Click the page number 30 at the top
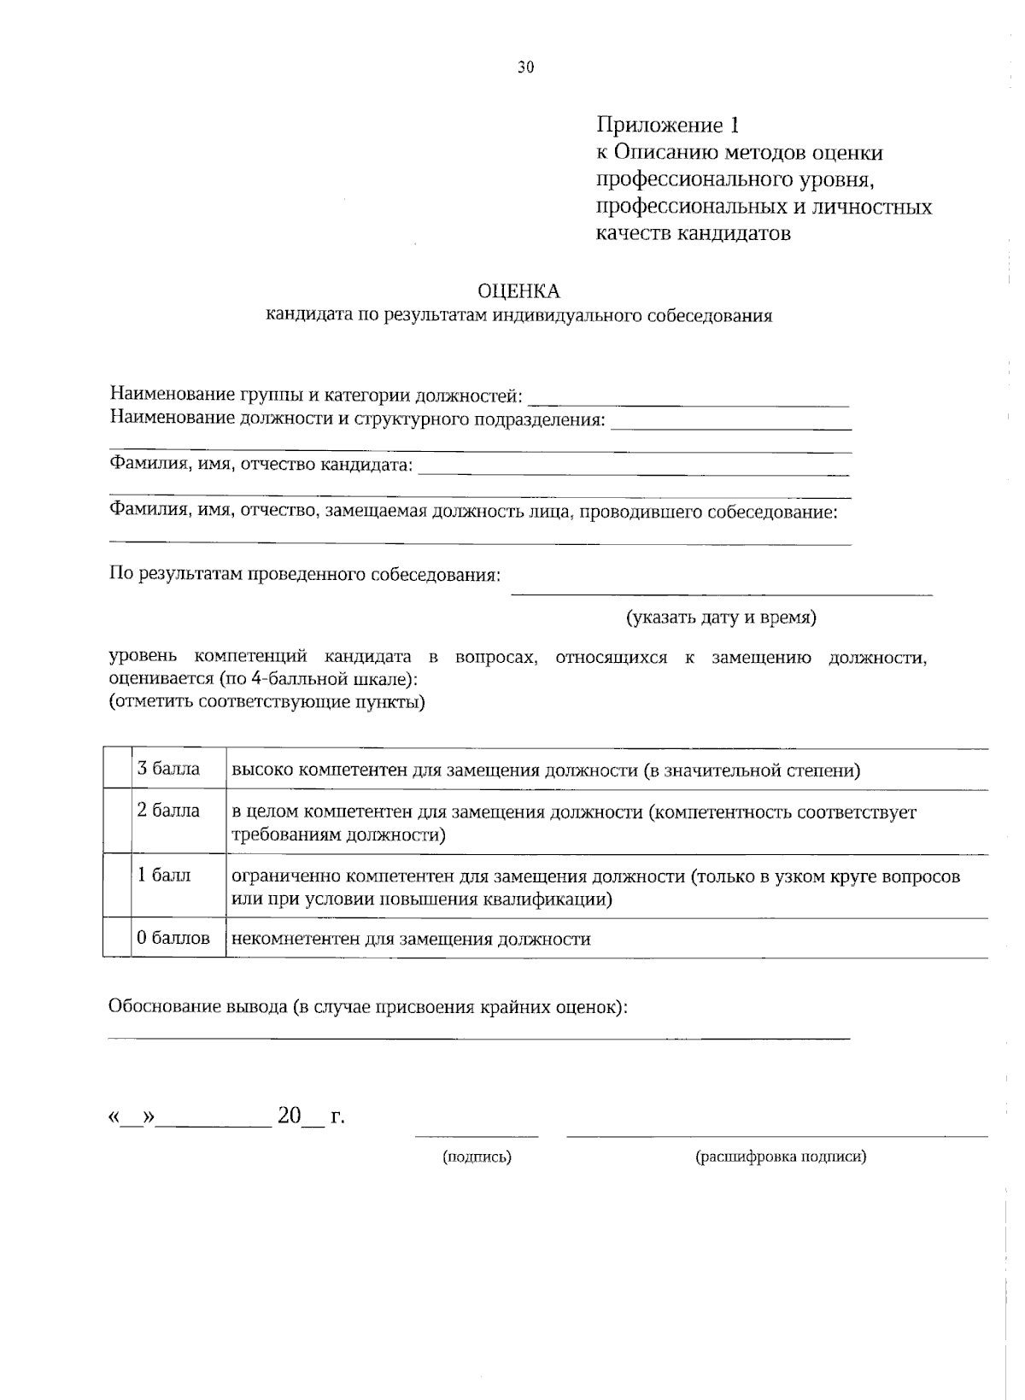pyautogui.click(x=525, y=67)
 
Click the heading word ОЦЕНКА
pyautogui.click(x=518, y=291)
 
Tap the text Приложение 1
pyautogui.click(x=666, y=126)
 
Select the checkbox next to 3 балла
pyautogui.click(x=117, y=769)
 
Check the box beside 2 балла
pyautogui.click(x=117, y=822)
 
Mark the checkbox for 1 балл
pyautogui.click(x=117, y=886)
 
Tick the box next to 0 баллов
pyautogui.click(x=117, y=938)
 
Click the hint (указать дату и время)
pyautogui.click(x=721, y=618)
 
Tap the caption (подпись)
pyautogui.click(x=477, y=1157)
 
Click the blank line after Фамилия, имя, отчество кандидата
pyautogui.click(x=633, y=470)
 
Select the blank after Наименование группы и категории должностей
pyautogui.click(x=688, y=400)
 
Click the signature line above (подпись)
pyautogui.click(x=477, y=1135)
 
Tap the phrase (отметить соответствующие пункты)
pyautogui.click(x=266, y=703)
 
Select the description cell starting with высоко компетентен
pyautogui.click(x=545, y=770)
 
